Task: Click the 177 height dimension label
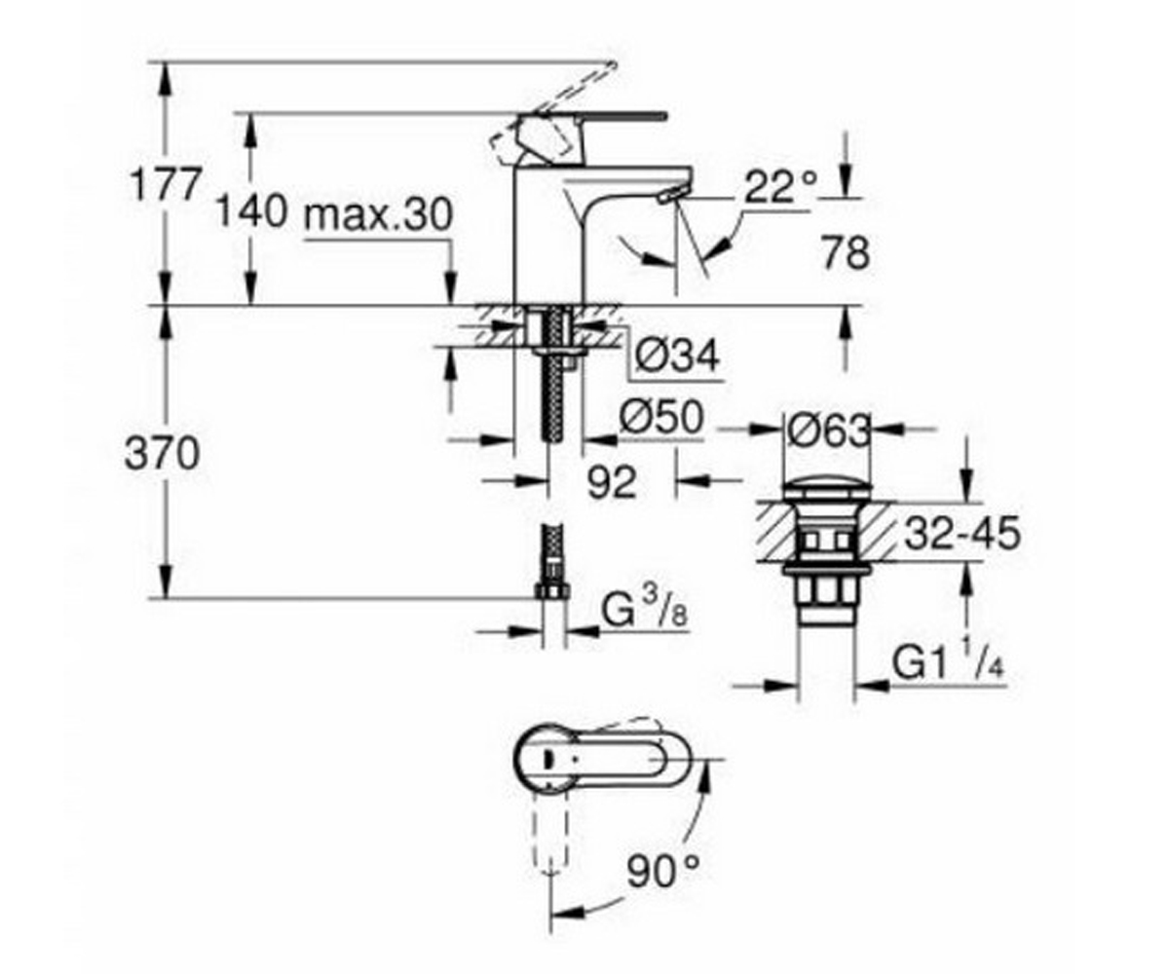[x=164, y=184]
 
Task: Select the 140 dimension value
[x=252, y=212]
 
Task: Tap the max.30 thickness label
[x=378, y=214]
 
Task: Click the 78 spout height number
[x=846, y=253]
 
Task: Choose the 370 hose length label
[x=163, y=454]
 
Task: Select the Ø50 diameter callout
[x=661, y=417]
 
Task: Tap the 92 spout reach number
[x=612, y=482]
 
